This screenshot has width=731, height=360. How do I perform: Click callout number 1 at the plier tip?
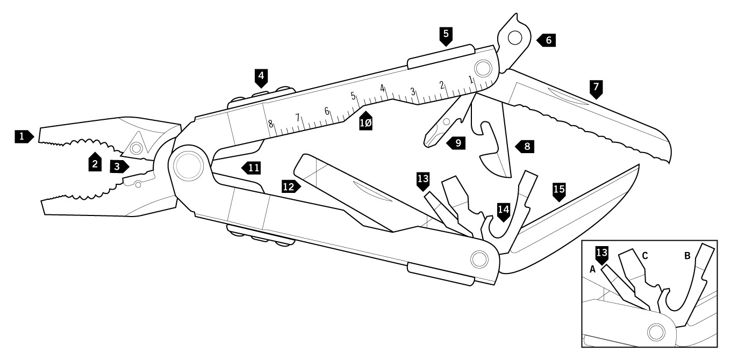pyautogui.click(x=22, y=137)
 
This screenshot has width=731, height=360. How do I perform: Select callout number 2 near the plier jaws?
pyautogui.click(x=95, y=163)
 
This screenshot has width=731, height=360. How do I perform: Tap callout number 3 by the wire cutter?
pyautogui.click(x=117, y=167)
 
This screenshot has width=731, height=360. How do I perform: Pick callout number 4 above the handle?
pyautogui.click(x=261, y=76)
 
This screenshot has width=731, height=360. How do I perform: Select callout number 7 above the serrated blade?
pyautogui.click(x=596, y=87)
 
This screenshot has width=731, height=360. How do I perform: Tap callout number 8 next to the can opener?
pyautogui.click(x=527, y=146)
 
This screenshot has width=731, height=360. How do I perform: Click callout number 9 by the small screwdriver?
pyautogui.click(x=457, y=143)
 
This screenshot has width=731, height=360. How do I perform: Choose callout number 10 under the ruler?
pyautogui.click(x=366, y=123)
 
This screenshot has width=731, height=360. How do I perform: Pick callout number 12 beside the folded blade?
pyautogui.click(x=289, y=186)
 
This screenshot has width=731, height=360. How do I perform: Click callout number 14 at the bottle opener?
pyautogui.click(x=503, y=211)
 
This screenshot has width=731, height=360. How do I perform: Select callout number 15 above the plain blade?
pyautogui.click(x=559, y=190)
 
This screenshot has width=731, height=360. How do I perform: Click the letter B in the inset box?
pyautogui.click(x=687, y=256)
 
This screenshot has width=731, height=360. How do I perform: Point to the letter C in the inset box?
pyautogui.click(x=644, y=256)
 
